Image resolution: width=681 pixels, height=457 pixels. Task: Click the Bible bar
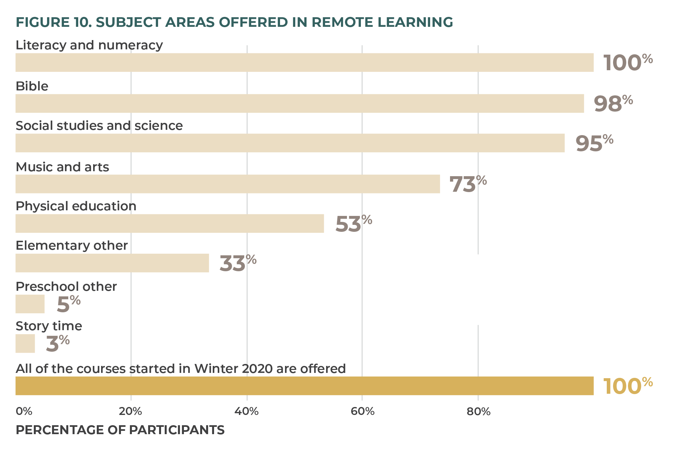click(x=300, y=103)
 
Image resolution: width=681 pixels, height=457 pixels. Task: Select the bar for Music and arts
click(x=228, y=184)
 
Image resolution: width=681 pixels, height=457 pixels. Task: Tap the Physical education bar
click(x=170, y=224)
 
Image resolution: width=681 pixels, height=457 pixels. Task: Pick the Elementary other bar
click(x=112, y=263)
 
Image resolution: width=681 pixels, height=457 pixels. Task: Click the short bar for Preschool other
click(x=30, y=304)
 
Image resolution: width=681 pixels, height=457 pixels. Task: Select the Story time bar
click(x=25, y=343)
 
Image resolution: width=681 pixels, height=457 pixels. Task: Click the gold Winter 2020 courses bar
click(x=304, y=386)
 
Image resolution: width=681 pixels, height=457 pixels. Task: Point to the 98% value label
click(x=613, y=104)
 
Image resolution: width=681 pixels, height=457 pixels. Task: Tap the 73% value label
click(x=468, y=184)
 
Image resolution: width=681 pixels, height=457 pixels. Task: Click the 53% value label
click(x=353, y=224)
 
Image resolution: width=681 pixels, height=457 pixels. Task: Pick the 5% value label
click(x=68, y=304)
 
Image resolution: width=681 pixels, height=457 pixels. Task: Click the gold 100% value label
click(x=627, y=386)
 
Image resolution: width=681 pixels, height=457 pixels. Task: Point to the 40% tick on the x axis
click(x=246, y=411)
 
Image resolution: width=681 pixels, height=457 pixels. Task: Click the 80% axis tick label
click(x=478, y=411)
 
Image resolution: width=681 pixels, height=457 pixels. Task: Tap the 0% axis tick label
click(x=24, y=411)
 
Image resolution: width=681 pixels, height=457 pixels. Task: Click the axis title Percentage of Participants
click(x=120, y=430)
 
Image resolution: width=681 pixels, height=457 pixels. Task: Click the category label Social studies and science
click(x=99, y=126)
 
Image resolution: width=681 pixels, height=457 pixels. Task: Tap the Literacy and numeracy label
click(x=89, y=45)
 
